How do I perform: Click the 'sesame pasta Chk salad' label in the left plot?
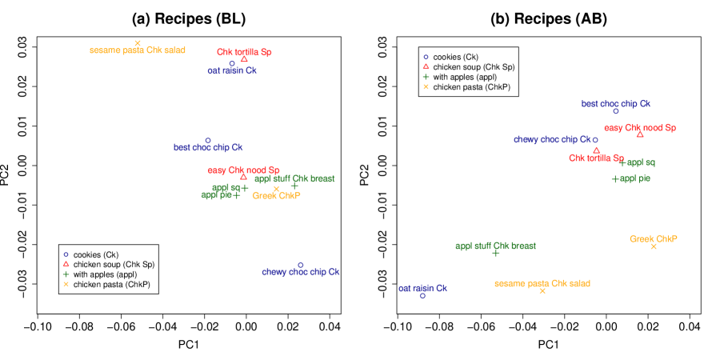click(x=138, y=50)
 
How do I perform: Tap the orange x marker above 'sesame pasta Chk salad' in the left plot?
click(x=138, y=43)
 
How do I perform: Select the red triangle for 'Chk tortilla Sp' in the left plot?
click(x=244, y=59)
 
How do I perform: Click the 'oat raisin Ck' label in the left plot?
click(x=232, y=70)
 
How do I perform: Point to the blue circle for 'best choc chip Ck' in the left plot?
click(x=208, y=140)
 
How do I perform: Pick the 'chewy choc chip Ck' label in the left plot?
click(x=301, y=272)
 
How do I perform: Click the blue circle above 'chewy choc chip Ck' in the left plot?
click(x=301, y=265)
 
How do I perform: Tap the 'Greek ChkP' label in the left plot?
click(x=276, y=196)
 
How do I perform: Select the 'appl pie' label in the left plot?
click(x=216, y=194)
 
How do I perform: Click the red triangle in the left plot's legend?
click(x=66, y=264)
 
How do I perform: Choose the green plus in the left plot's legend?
click(x=66, y=274)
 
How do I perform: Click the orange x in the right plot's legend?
click(x=426, y=86)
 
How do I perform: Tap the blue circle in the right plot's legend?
click(x=426, y=57)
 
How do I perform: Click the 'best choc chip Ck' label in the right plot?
click(x=616, y=104)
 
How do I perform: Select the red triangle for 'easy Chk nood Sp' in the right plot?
click(x=640, y=134)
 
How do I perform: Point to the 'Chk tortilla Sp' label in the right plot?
click(x=596, y=158)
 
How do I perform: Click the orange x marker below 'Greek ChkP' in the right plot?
click(x=654, y=246)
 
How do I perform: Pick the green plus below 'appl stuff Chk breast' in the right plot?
click(x=496, y=253)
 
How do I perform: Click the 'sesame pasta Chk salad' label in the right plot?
click(x=542, y=283)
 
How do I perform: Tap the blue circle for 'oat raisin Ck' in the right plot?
click(x=422, y=295)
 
